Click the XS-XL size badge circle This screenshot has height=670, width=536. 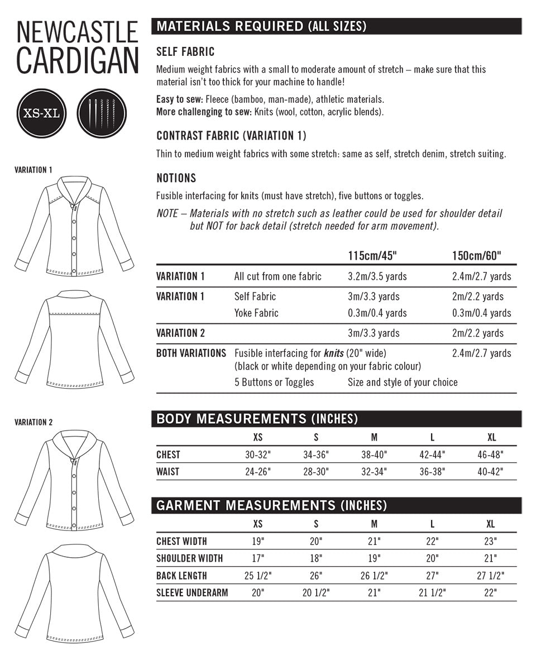(42, 113)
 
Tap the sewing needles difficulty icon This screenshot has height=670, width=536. (102, 113)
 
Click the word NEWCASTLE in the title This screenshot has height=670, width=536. (77, 33)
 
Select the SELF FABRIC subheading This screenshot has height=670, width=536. (185, 52)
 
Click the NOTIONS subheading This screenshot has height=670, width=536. (176, 178)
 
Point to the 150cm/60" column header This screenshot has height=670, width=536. (476, 256)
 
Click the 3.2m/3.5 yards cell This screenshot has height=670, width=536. (377, 276)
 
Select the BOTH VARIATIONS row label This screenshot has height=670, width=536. (191, 353)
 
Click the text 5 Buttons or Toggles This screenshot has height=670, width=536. (274, 382)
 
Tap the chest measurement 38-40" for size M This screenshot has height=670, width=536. (374, 454)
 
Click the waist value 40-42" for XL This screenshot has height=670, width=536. (490, 471)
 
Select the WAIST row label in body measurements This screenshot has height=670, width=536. (168, 471)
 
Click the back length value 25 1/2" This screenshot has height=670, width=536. (257, 576)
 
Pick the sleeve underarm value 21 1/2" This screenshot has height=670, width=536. (432, 593)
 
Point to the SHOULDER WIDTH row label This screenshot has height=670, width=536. (189, 558)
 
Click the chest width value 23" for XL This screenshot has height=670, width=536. (491, 541)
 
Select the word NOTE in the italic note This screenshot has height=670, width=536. (167, 214)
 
